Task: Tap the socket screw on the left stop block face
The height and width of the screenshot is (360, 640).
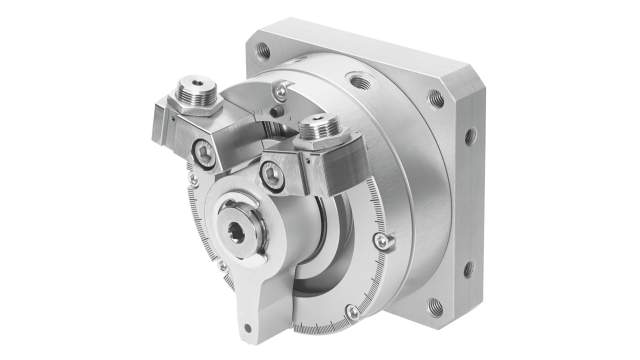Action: pyautogui.click(x=206, y=152)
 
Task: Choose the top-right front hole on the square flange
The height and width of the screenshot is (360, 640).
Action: pyautogui.click(x=436, y=98)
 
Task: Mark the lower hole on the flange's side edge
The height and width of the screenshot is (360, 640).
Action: pyautogui.click(x=467, y=268)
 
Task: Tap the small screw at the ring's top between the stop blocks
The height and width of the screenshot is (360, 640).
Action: pyautogui.click(x=281, y=92)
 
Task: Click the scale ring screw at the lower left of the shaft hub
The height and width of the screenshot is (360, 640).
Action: pyautogui.click(x=223, y=265)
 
